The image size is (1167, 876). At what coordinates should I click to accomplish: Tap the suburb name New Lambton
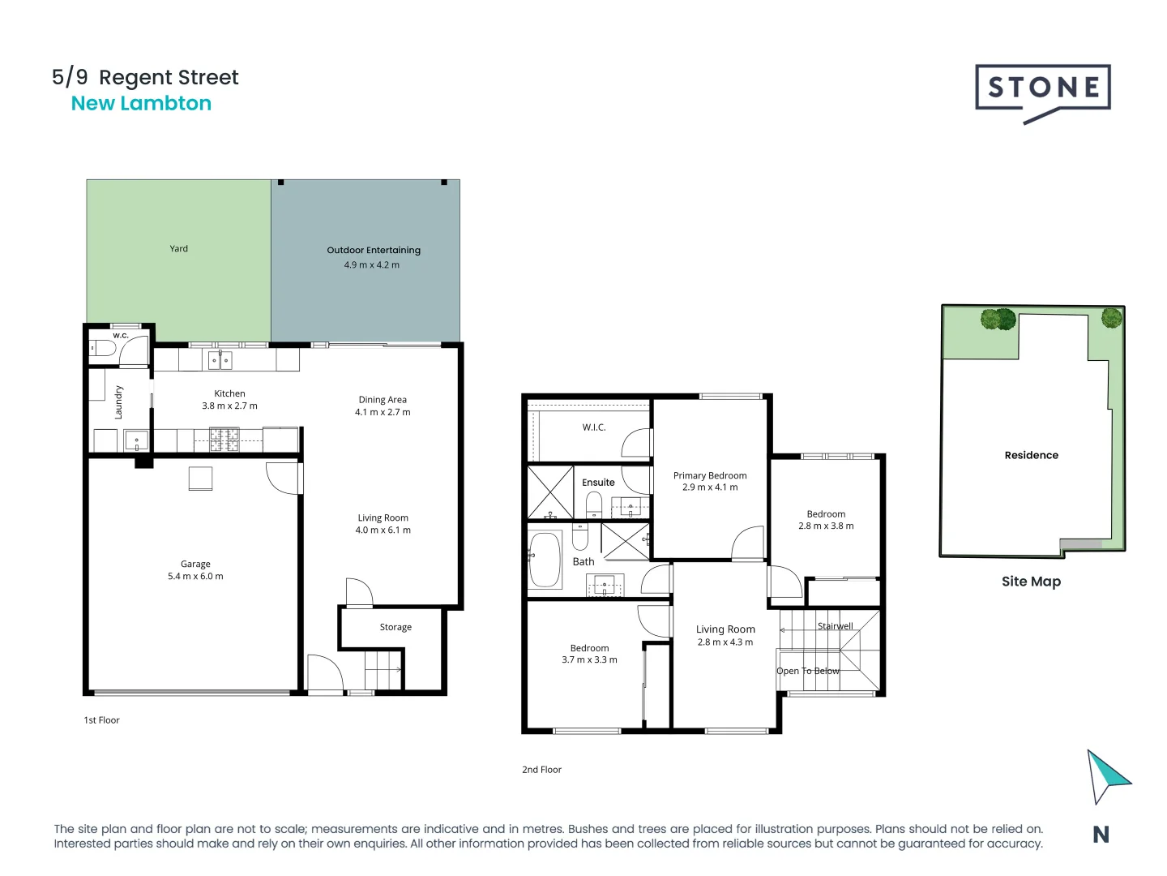141,104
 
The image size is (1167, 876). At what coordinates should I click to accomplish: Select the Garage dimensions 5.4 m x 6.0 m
195,577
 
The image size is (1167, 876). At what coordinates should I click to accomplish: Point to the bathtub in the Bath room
545,559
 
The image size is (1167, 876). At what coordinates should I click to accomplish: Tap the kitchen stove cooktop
224,440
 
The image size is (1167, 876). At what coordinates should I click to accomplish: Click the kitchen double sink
220,359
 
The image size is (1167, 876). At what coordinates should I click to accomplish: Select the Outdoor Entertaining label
374,251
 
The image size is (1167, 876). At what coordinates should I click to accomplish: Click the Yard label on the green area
178,249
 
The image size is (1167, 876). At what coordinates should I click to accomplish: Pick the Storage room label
395,627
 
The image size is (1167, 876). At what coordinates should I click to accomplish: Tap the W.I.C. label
594,427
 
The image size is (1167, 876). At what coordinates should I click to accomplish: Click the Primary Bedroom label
710,476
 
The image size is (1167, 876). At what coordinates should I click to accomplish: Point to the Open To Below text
807,671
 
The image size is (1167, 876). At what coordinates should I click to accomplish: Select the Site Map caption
1031,582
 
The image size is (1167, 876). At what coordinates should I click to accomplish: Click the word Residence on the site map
1031,456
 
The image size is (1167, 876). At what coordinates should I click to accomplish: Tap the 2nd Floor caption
541,770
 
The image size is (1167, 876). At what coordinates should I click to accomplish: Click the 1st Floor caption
101,720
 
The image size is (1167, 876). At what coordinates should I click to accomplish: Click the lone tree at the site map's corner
1111,318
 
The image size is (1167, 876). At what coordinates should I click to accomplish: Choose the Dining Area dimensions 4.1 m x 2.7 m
383,412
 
